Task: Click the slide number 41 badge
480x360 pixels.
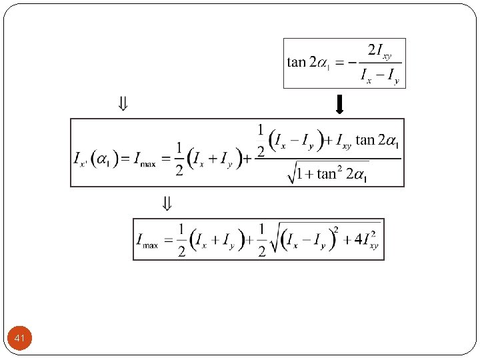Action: coord(19,339)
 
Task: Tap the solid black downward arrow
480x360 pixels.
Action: coord(339,105)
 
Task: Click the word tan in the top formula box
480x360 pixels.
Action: coord(297,63)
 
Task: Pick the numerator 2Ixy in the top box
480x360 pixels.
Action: coord(380,51)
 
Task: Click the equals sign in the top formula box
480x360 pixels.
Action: coord(339,63)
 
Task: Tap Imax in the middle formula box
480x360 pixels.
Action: coord(145,160)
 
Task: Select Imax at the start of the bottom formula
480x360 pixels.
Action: coord(147,239)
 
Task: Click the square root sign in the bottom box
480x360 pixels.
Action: coord(275,239)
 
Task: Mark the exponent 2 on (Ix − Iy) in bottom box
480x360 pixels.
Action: coord(337,229)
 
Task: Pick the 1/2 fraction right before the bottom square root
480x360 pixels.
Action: coord(261,239)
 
